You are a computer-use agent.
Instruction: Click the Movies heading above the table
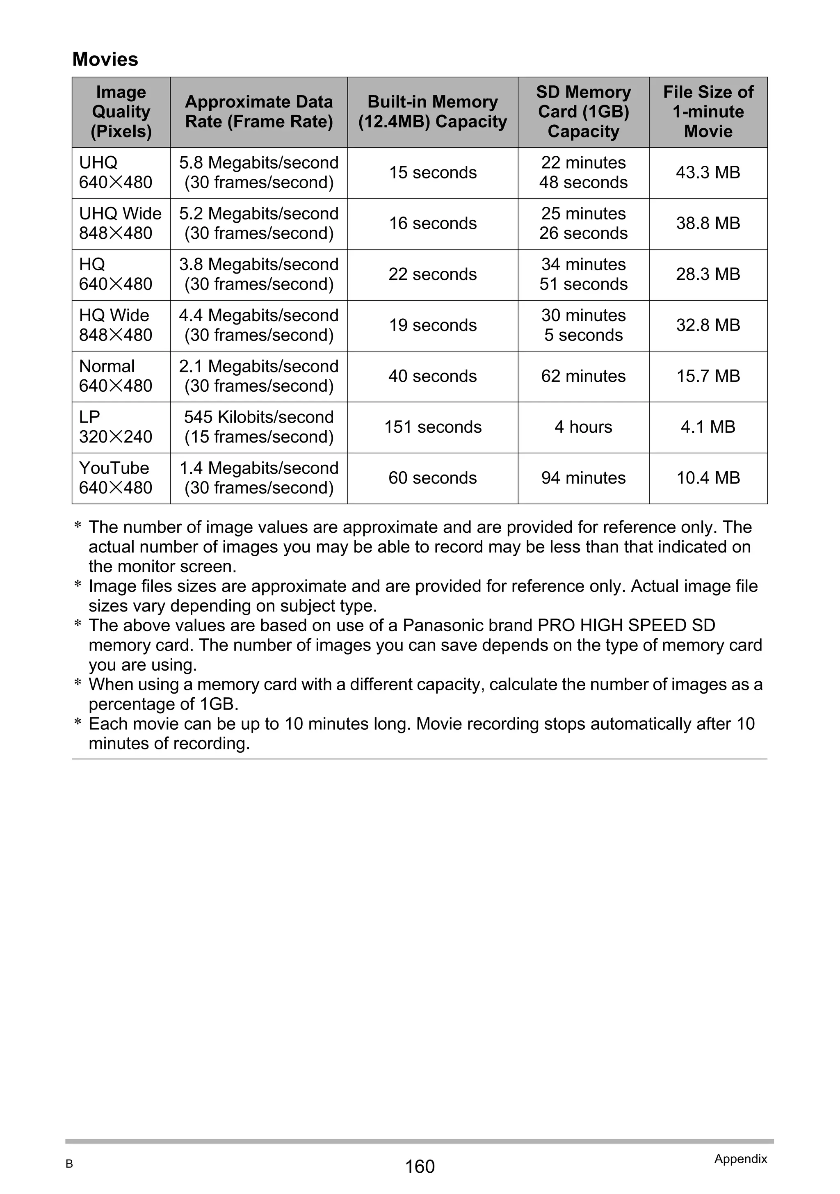[105, 59]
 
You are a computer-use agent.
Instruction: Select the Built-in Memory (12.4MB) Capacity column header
[432, 112]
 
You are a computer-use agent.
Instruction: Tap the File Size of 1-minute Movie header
[708, 112]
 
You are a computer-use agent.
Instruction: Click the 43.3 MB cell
[708, 173]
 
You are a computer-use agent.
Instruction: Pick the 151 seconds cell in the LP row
[432, 427]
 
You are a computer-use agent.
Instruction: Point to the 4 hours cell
[583, 427]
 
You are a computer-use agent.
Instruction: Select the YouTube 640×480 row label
[116, 478]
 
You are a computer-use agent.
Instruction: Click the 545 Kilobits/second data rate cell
[258, 427]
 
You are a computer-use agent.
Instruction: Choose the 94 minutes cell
[583, 478]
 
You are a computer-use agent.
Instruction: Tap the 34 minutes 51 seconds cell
[583, 274]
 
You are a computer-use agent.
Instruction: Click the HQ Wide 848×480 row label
[116, 325]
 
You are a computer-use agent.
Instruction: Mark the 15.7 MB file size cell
[708, 376]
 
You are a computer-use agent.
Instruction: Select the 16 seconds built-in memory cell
[432, 224]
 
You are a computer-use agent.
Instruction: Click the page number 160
[420, 1167]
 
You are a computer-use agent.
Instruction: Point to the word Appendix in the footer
[740, 1159]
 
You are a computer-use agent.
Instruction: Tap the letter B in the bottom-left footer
[69, 1164]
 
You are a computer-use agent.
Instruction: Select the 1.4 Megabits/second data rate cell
[258, 478]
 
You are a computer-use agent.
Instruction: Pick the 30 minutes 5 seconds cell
[583, 325]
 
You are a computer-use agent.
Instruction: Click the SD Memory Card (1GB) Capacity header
[583, 112]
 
